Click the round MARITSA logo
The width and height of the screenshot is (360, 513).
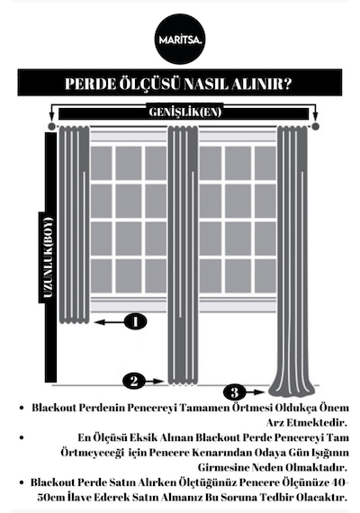pos(180,39)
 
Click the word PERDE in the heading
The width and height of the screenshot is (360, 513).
pos(90,84)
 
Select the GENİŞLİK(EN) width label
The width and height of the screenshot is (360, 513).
pos(185,112)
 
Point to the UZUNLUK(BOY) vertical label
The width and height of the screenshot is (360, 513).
pos(48,257)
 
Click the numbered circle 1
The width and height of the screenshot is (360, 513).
pos(136,321)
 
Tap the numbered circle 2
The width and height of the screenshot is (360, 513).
pos(134,381)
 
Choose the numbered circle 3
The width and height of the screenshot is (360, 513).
pos(234,391)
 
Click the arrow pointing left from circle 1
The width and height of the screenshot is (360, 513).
pos(109,322)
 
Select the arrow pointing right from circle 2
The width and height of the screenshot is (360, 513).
pos(155,382)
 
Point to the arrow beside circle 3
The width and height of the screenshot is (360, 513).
pos(255,391)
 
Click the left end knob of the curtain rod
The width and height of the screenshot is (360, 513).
pos(51,126)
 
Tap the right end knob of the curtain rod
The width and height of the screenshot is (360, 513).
pos(315,126)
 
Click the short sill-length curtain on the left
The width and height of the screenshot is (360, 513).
pos(74,225)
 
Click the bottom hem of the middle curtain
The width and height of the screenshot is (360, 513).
pos(183,382)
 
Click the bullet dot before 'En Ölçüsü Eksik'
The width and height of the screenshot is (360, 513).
pos(22,437)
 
